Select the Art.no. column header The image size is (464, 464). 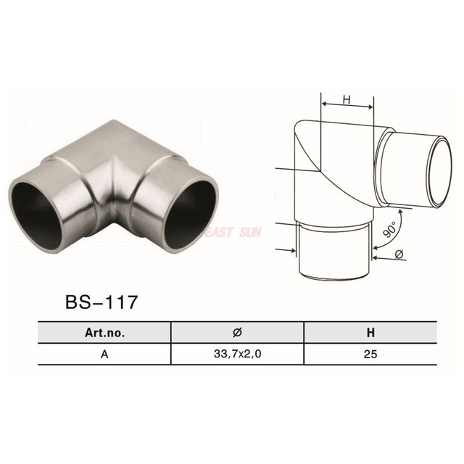(104, 334)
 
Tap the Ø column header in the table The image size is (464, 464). (236, 334)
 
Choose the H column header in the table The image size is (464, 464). (370, 334)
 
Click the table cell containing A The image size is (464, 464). (104, 355)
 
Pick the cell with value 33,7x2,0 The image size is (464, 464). (236, 355)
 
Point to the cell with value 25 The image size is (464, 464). (370, 355)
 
